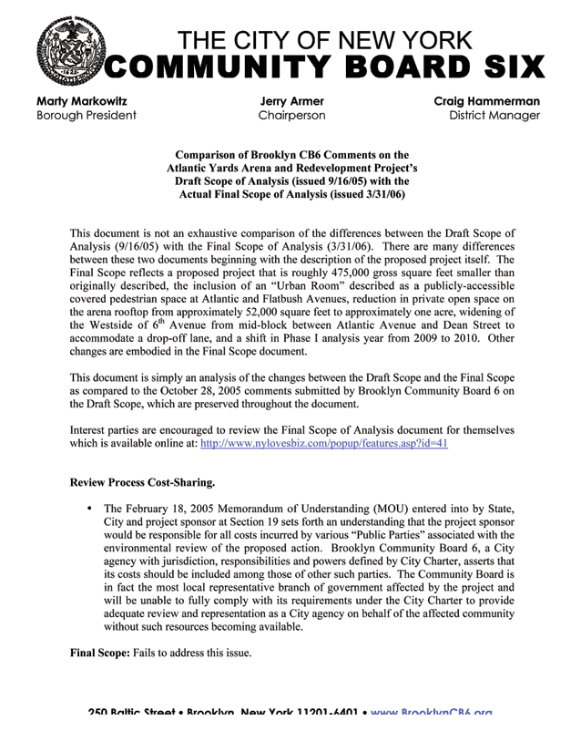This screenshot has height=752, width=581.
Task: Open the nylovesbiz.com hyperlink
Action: pos(329,445)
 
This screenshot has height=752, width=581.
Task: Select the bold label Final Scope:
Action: pos(101,654)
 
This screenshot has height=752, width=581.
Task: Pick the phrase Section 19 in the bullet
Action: pos(263,520)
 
